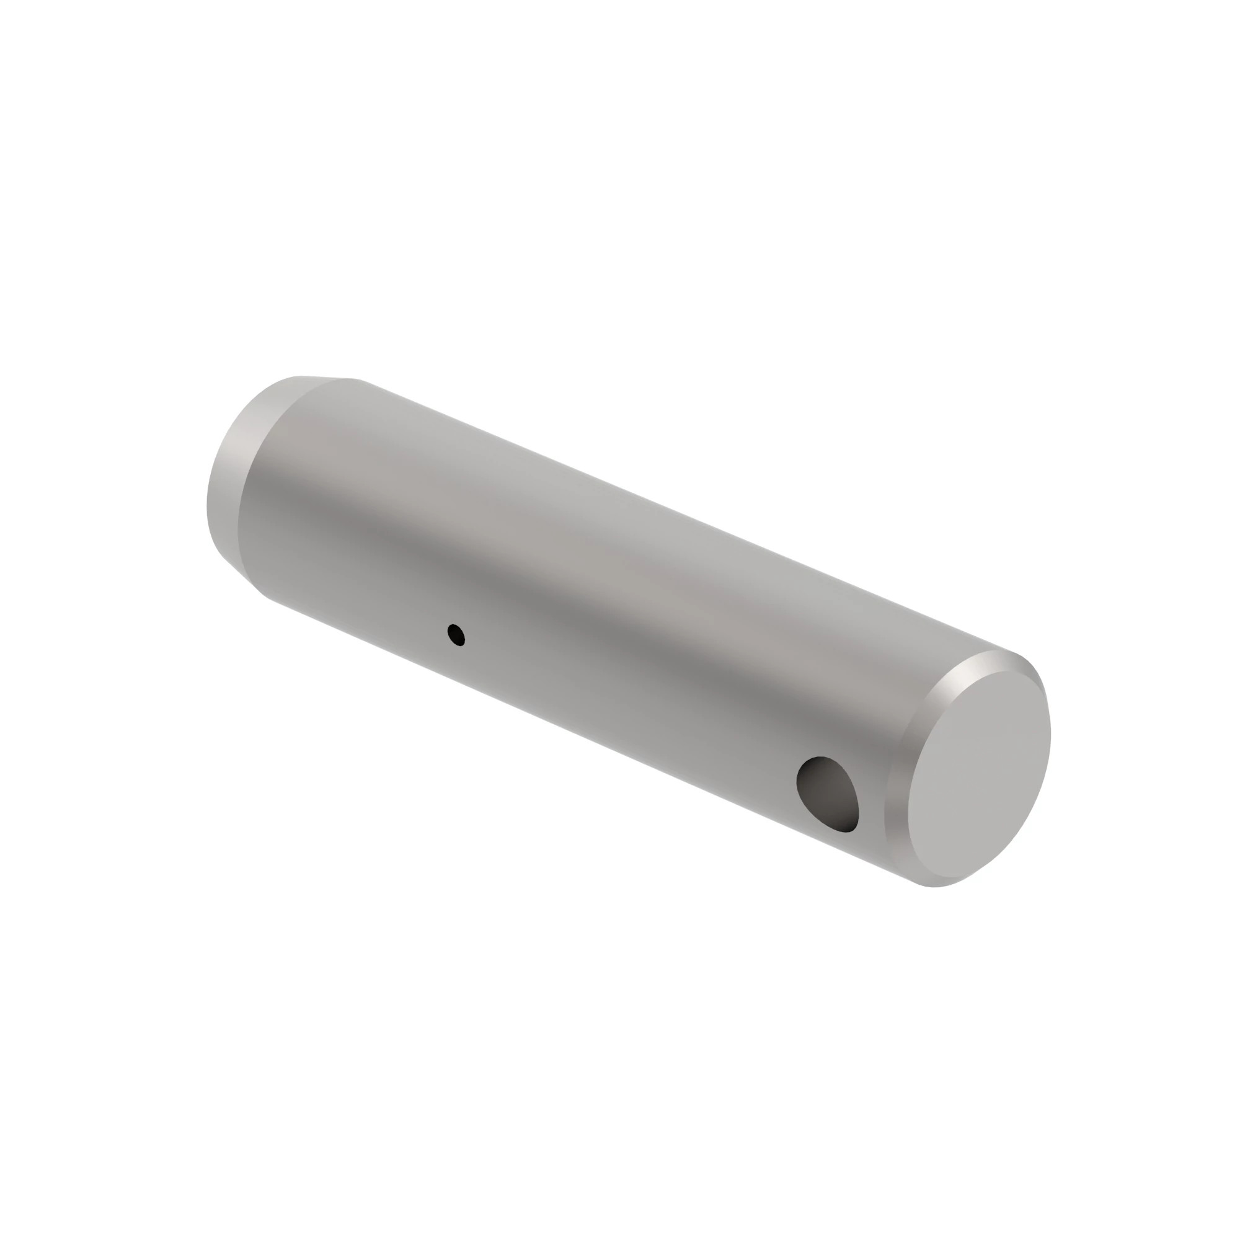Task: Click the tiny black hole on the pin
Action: coord(456,635)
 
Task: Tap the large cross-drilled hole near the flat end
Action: coord(828,794)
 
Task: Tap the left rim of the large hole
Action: coord(798,780)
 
